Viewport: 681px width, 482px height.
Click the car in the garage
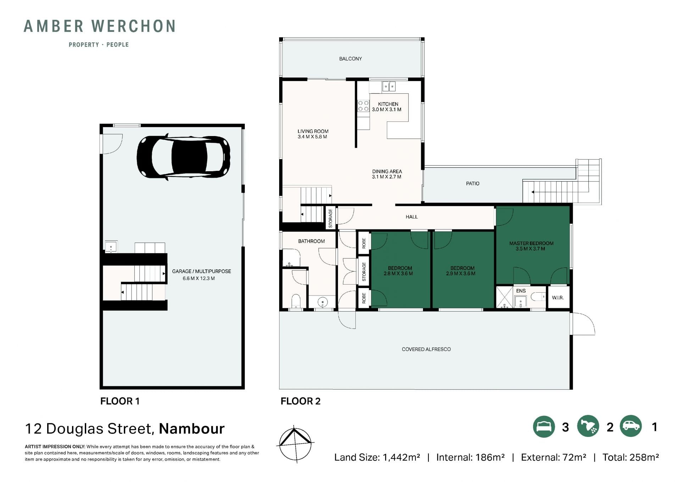coord(183,157)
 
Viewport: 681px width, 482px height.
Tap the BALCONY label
coord(350,59)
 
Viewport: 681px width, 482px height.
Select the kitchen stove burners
coord(363,106)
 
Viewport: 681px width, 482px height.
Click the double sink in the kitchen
coord(389,86)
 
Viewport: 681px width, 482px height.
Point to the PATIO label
coord(472,184)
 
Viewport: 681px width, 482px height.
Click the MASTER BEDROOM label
coord(531,243)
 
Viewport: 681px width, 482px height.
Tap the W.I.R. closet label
coord(558,298)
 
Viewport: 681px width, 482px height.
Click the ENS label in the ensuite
coord(521,291)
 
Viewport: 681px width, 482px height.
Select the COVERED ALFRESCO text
coord(426,349)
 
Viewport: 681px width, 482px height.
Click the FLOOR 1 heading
coord(120,401)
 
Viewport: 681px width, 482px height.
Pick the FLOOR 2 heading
coord(300,401)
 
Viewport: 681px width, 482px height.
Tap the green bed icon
coord(544,426)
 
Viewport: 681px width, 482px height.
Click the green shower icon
coord(588,426)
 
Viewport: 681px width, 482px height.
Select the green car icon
coord(631,426)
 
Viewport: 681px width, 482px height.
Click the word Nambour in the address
coord(192,429)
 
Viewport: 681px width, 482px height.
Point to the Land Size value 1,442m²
coord(401,457)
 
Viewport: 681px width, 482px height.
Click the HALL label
coord(411,217)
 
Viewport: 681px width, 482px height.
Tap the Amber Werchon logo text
coord(100,26)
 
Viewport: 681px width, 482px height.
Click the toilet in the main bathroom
coord(295,302)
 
